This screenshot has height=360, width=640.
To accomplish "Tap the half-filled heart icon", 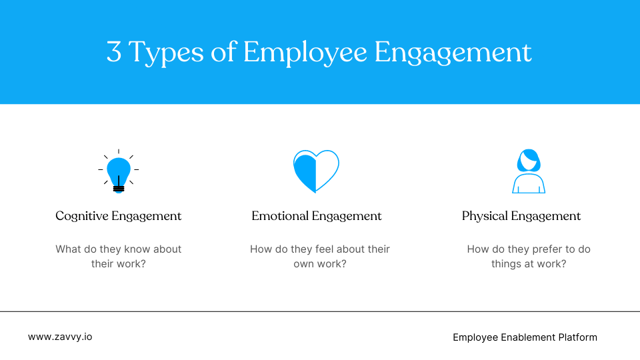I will tap(316, 171).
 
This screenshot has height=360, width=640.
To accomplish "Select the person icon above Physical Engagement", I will tap(529, 171).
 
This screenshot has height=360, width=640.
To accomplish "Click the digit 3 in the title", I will tap(114, 53).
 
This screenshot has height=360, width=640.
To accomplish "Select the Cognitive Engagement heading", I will tap(119, 216).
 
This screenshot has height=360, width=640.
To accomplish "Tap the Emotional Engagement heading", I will tap(317, 216).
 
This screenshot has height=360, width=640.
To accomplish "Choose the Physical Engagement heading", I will tap(521, 216).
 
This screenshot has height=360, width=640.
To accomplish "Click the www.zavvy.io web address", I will tap(60, 337).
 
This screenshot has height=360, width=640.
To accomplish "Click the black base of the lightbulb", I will tap(119, 189).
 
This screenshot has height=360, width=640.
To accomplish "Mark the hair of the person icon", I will tap(529, 159).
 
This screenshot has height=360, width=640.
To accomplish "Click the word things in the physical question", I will tap(505, 264).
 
